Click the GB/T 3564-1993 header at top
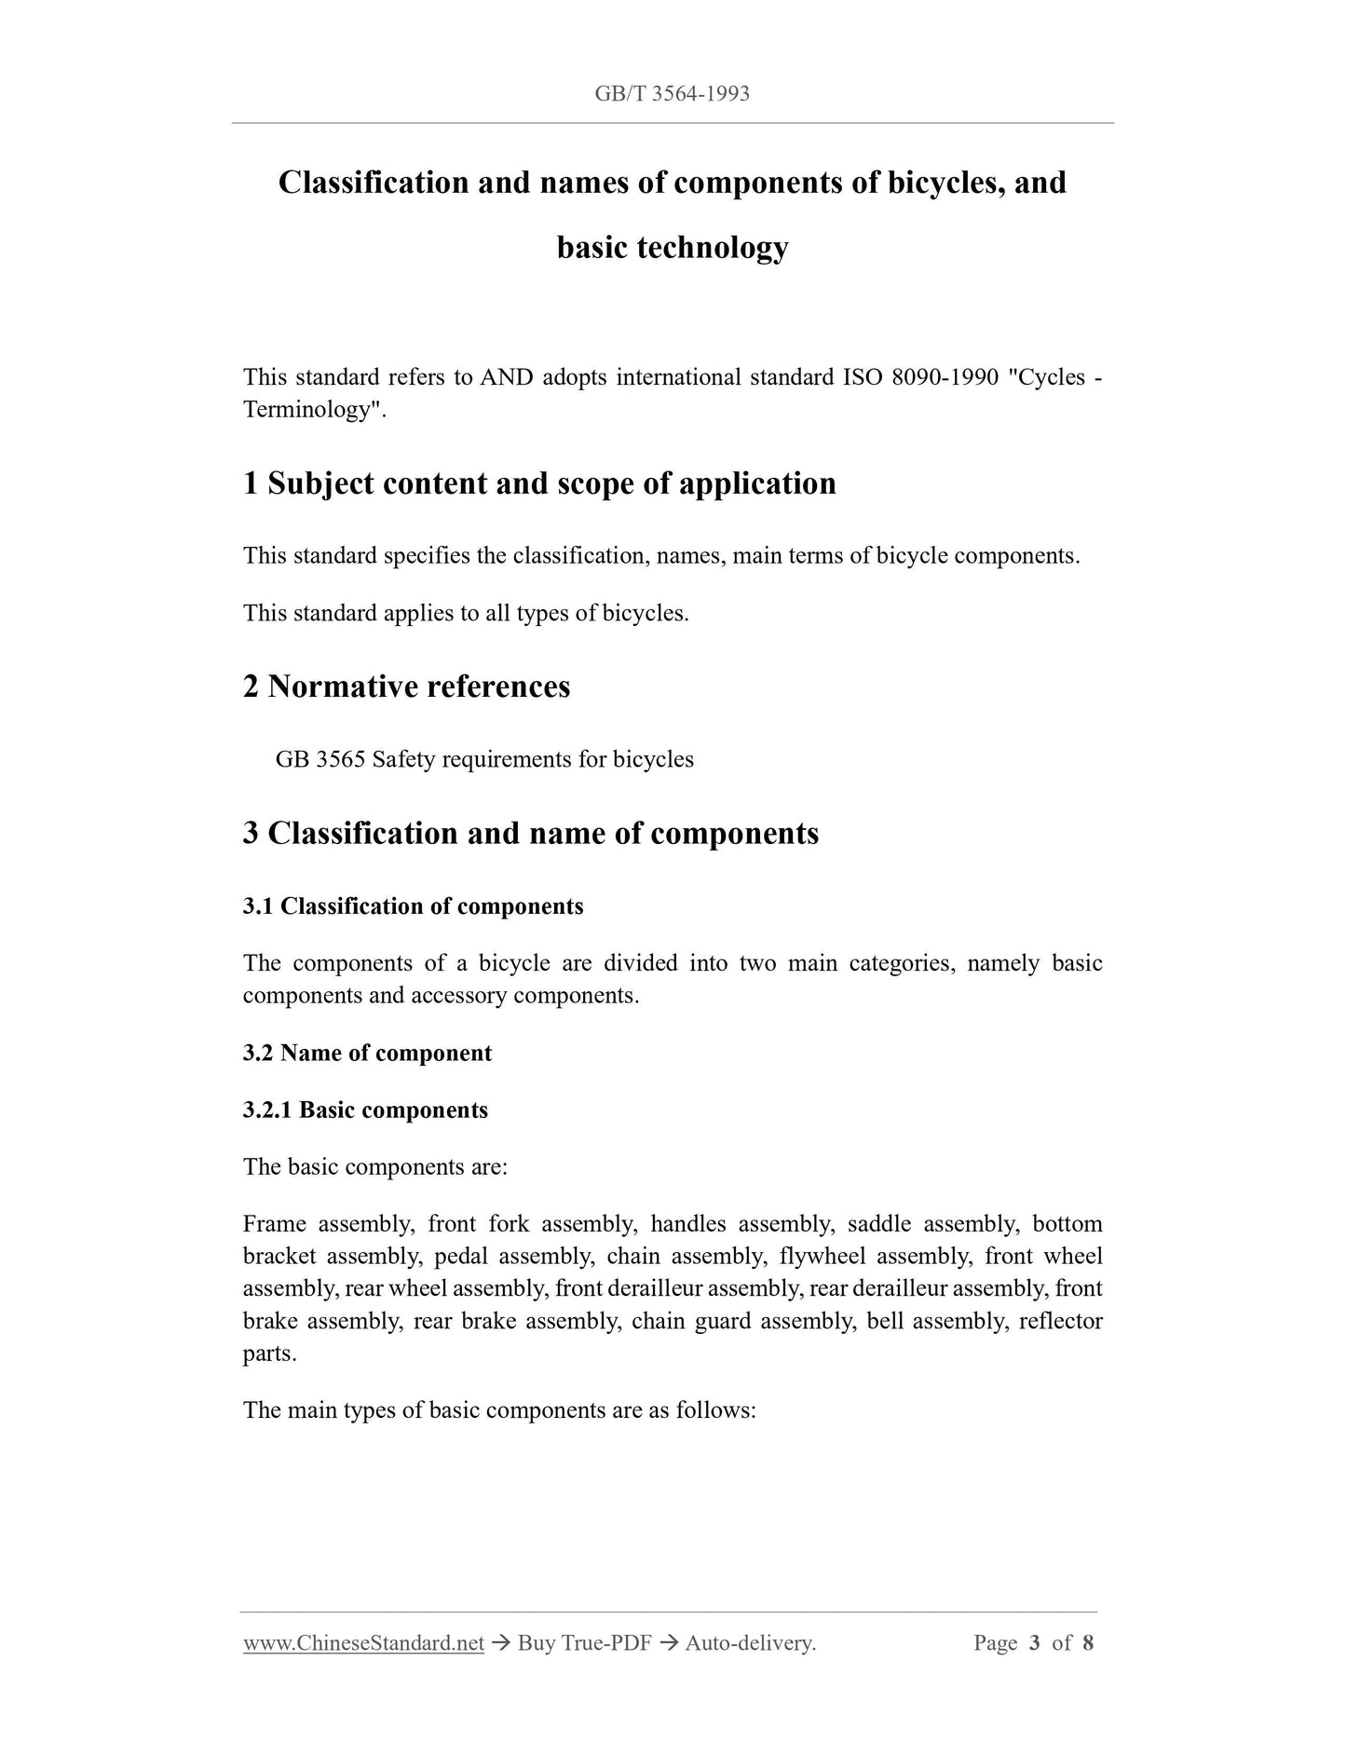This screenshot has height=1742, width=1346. point(672,94)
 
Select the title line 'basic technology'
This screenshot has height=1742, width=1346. point(672,248)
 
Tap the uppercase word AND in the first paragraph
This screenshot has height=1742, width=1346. point(506,377)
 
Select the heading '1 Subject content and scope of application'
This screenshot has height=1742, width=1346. point(539,483)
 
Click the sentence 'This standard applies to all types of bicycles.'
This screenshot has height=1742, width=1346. point(466,613)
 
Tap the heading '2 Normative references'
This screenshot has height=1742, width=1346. point(406,687)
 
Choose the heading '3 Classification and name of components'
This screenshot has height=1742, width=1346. point(531,833)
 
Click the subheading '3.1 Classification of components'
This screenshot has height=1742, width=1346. point(413,906)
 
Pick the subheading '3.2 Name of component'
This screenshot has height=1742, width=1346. point(367,1054)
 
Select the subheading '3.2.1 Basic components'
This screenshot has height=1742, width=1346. point(365,1110)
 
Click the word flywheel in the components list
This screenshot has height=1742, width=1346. point(823,1257)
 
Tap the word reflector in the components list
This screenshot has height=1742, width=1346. point(1060,1322)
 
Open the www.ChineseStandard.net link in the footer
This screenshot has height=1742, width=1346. point(363,1643)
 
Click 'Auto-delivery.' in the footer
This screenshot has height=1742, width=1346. point(750,1643)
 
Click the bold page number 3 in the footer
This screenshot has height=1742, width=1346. point(1034,1643)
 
